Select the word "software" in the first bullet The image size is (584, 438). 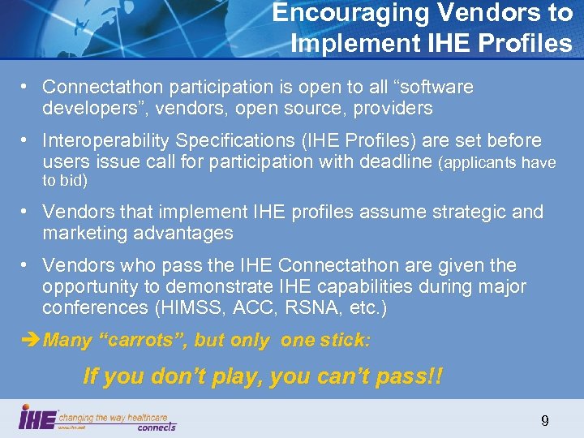coord(435,87)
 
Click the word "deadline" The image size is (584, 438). coord(393,161)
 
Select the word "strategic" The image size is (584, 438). coord(461,212)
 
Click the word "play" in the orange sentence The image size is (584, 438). coord(234,376)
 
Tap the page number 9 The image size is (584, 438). coord(544,420)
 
